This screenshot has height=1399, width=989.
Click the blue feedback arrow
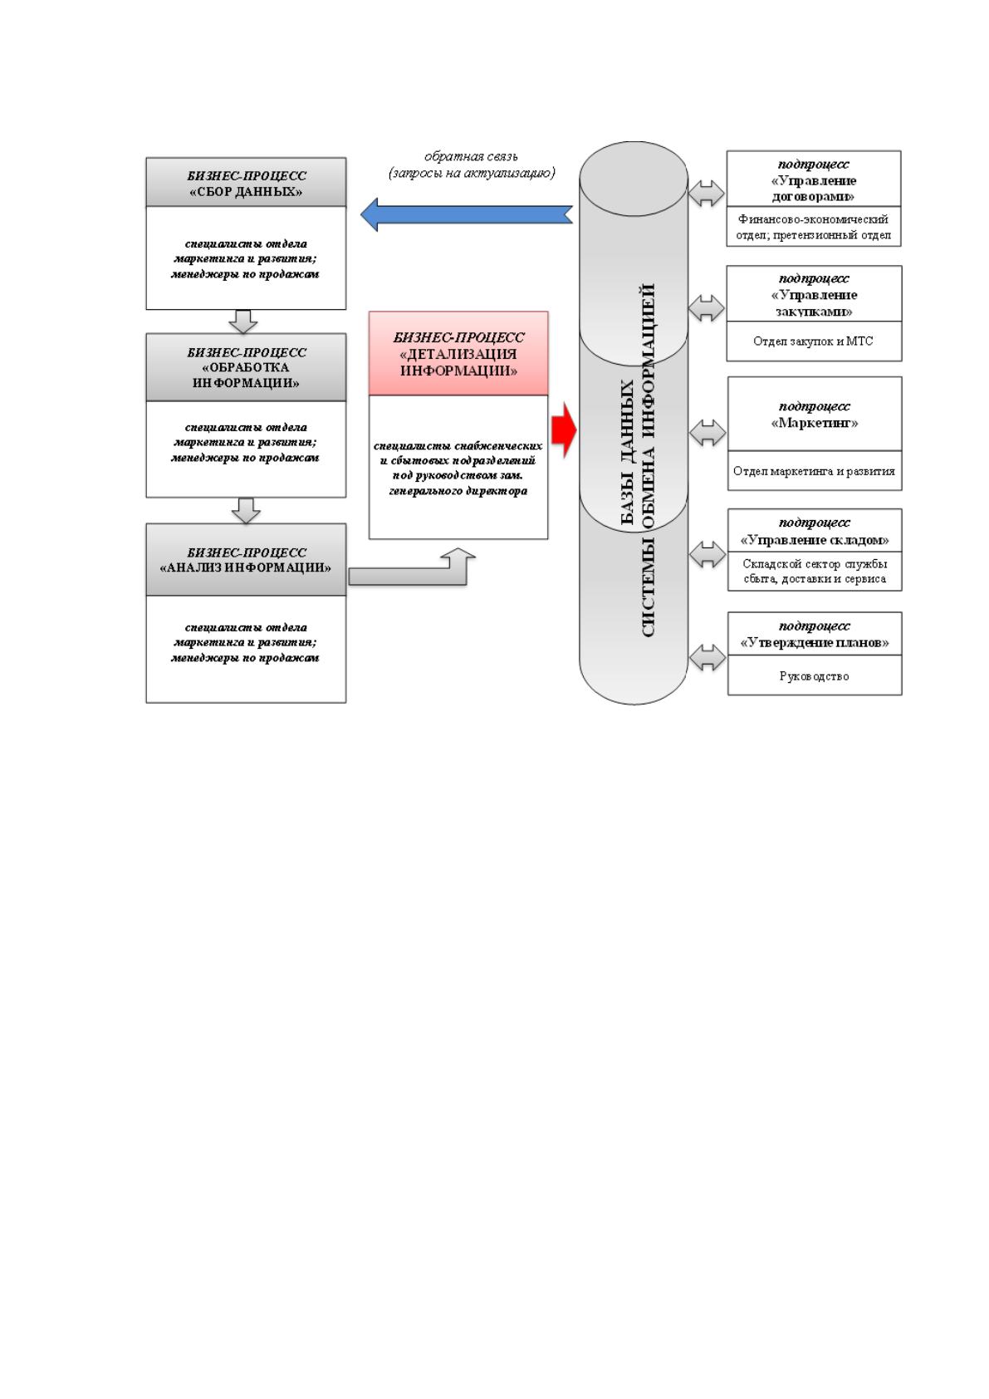pos(467,214)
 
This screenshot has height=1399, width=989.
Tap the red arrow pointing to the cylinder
pos(564,430)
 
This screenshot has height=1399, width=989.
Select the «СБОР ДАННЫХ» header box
pos(246,183)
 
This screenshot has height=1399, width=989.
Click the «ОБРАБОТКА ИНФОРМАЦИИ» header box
pos(246,367)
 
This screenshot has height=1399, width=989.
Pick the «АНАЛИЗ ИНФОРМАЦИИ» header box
pos(246,560)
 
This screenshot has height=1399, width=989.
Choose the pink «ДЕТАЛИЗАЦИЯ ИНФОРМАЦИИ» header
pos(458,354)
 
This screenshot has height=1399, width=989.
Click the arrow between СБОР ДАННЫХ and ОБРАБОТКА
pos(242,322)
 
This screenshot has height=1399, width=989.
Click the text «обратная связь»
pos(471,156)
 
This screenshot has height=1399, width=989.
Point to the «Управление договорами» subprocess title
pos(814,188)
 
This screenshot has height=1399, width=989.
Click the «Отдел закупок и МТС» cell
pos(814,341)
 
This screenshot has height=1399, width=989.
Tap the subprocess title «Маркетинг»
pos(814,423)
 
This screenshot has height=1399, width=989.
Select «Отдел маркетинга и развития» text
pos(814,471)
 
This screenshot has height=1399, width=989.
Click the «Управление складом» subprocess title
pos(814,539)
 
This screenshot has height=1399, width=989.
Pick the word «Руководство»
pos(814,675)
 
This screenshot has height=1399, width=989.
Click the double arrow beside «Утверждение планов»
pos(707,657)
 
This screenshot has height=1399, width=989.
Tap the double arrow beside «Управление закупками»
pos(707,308)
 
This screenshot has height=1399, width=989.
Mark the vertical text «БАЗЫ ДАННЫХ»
pos(628,452)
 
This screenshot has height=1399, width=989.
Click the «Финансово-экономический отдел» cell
pos(814,227)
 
